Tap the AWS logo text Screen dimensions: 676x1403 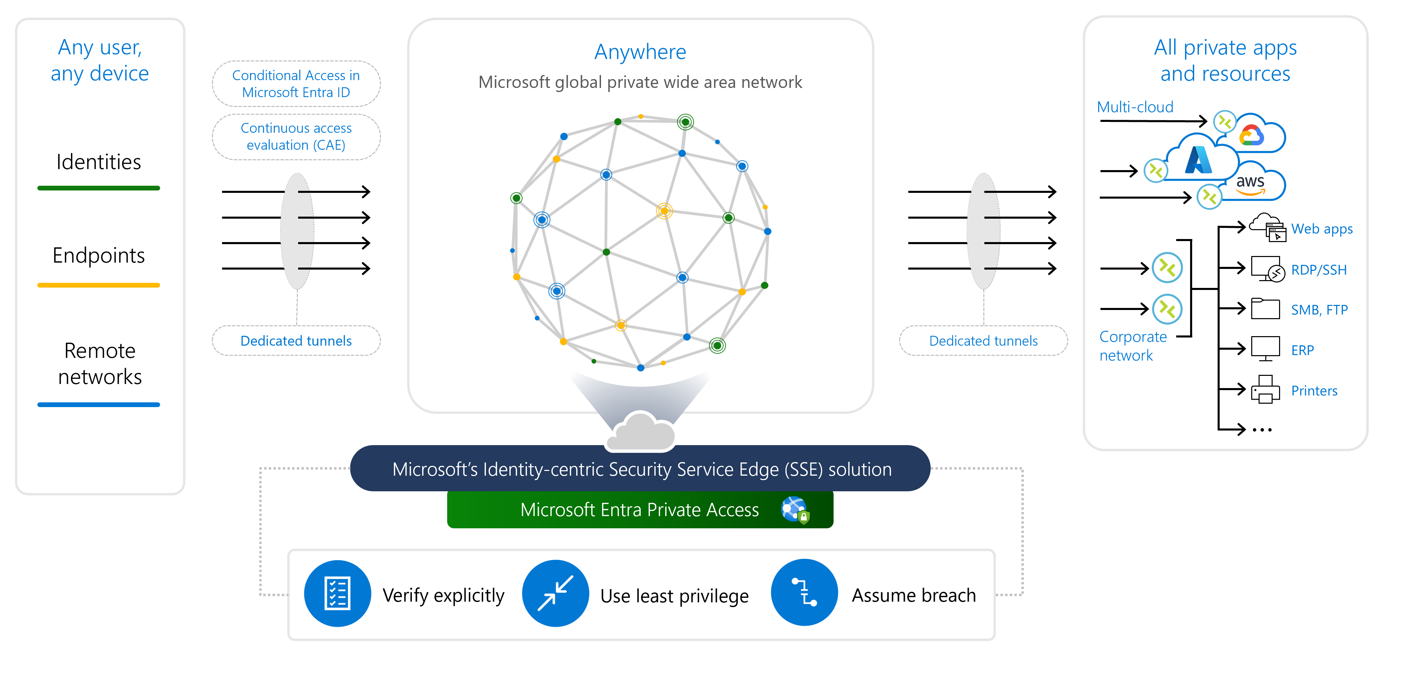(x=1250, y=182)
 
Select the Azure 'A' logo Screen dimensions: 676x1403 (x=1198, y=160)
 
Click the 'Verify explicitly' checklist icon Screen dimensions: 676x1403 (x=337, y=593)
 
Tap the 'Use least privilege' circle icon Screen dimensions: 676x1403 (x=555, y=593)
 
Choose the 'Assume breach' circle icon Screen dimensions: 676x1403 (x=804, y=593)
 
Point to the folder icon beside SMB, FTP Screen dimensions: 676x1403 (x=1265, y=309)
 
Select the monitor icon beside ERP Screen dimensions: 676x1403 (x=1265, y=349)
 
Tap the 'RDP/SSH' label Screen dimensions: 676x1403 (x=1318, y=270)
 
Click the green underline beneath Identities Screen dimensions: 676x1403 (x=98, y=188)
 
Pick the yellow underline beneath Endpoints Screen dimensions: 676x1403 (x=98, y=285)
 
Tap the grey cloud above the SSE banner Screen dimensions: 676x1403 (x=641, y=432)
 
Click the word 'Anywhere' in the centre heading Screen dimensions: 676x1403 (x=640, y=52)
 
